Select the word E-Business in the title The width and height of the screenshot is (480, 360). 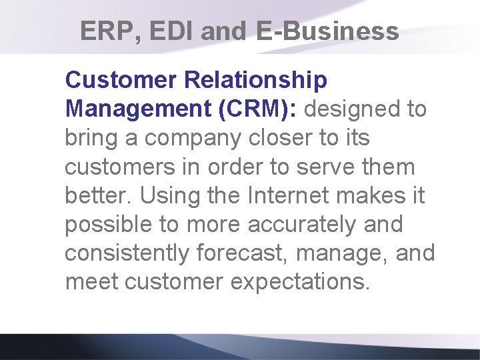(327, 31)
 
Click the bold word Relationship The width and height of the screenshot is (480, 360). (255, 80)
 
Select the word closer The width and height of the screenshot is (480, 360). (276, 138)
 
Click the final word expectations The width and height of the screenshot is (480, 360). (299, 282)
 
